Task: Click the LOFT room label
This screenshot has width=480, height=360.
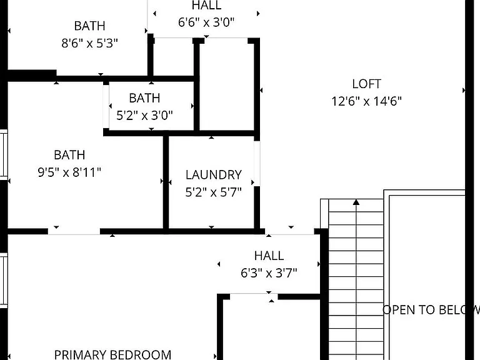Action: (366, 84)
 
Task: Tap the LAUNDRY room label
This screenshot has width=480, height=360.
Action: (214, 175)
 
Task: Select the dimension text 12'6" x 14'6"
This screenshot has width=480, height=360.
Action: (366, 101)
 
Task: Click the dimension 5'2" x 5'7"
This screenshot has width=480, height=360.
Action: (214, 192)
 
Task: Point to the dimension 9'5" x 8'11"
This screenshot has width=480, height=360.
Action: (69, 172)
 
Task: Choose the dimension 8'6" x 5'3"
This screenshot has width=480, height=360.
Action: (90, 43)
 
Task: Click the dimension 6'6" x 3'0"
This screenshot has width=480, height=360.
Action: (206, 22)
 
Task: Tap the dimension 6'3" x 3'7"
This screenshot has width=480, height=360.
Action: (269, 272)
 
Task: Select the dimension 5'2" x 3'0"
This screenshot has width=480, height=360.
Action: (144, 116)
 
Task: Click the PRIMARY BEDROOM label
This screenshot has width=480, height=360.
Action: (112, 355)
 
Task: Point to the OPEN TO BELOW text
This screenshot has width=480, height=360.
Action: (431, 310)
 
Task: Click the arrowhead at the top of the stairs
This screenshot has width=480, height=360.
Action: (356, 202)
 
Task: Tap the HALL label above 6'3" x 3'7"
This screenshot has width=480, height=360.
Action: (269, 256)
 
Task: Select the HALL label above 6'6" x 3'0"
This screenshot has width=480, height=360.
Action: (206, 5)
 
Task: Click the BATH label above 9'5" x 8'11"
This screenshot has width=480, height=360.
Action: (69, 155)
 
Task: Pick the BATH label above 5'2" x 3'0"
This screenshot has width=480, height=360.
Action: (144, 98)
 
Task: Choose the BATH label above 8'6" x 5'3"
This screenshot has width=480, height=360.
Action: (90, 26)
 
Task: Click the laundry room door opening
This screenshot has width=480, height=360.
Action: (257, 164)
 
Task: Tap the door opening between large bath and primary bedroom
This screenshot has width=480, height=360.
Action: (74, 231)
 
